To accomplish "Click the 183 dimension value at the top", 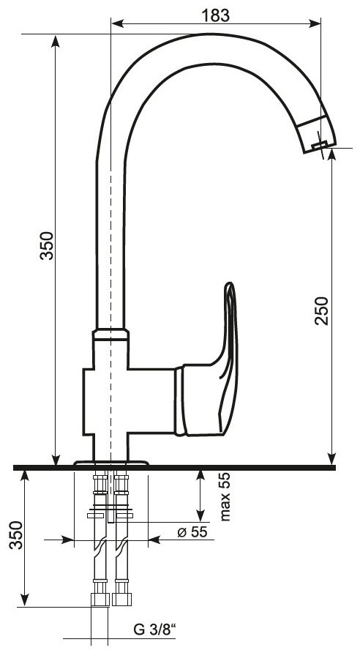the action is [x=216, y=15].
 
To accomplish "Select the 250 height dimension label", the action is [x=321, y=310].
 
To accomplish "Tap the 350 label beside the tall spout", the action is [x=47, y=246].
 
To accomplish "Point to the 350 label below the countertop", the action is [x=16, y=535].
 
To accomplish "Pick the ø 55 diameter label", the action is [x=192, y=531].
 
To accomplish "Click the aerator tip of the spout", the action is [x=320, y=146].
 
